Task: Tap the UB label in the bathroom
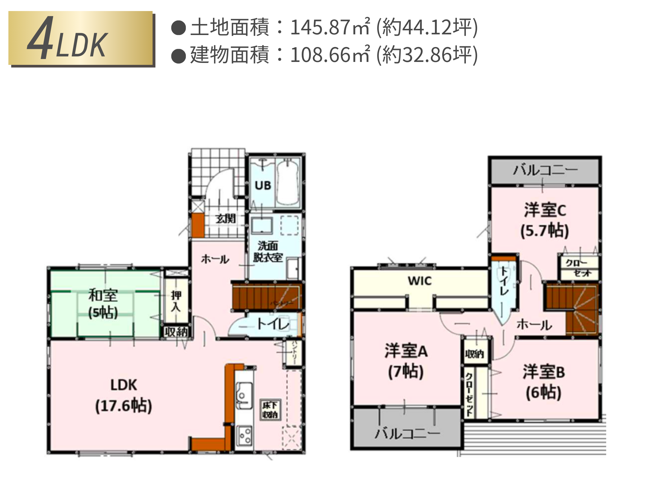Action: [263, 185]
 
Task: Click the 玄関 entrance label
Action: [226, 219]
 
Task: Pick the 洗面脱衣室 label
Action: [268, 252]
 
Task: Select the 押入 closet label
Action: [176, 301]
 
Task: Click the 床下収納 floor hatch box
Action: [270, 410]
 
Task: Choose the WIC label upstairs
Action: [420, 281]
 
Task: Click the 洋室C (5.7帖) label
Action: [545, 220]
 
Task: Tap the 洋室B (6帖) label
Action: [544, 382]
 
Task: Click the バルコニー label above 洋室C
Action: [545, 170]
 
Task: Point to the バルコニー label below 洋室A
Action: [407, 433]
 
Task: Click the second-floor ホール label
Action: [534, 325]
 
